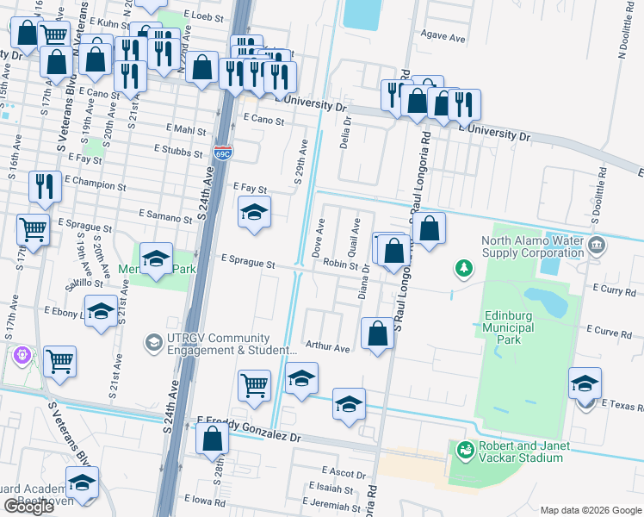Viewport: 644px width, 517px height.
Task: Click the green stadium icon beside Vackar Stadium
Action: (x=465, y=450)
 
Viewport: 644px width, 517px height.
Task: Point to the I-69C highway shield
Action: (x=223, y=153)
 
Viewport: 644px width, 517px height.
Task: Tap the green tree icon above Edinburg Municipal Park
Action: (x=464, y=269)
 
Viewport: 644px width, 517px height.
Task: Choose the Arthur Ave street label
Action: (x=328, y=348)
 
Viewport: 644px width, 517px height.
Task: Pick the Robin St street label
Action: (x=340, y=266)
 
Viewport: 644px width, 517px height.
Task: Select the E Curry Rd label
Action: (x=613, y=291)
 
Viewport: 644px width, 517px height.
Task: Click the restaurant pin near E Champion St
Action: (x=43, y=185)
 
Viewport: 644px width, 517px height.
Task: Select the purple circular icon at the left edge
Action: (x=22, y=354)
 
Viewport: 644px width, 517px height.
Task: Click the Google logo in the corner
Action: (x=28, y=507)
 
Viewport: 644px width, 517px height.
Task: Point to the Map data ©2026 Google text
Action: (x=590, y=510)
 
